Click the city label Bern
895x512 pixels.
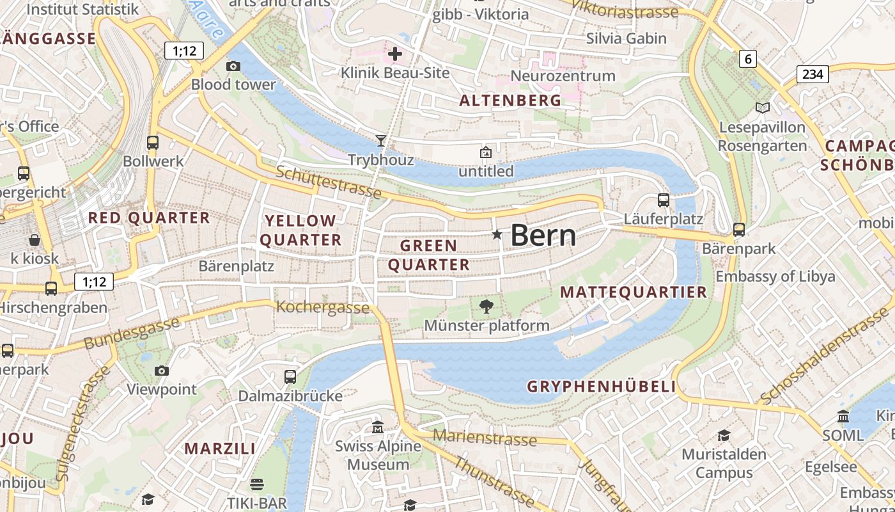point(543,236)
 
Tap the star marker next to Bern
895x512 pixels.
point(497,235)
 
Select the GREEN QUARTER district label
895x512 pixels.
point(429,255)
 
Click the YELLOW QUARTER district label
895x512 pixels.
point(301,230)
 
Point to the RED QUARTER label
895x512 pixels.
point(149,218)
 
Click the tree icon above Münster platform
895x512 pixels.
point(486,307)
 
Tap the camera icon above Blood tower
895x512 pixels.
point(233,66)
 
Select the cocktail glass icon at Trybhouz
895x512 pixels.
point(381,140)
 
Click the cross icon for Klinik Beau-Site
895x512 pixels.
point(395,54)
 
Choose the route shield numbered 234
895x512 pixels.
point(813,74)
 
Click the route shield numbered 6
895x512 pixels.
point(748,60)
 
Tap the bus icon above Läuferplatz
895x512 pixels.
point(663,200)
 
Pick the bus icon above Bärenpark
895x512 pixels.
point(739,229)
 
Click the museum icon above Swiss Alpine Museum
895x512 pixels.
point(378,427)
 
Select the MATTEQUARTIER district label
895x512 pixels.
point(634,292)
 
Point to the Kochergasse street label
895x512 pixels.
point(323,307)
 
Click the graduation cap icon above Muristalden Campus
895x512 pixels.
point(723,435)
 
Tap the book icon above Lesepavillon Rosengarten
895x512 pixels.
point(762,108)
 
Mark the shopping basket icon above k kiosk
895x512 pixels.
point(34,240)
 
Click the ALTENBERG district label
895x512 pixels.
point(510,100)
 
